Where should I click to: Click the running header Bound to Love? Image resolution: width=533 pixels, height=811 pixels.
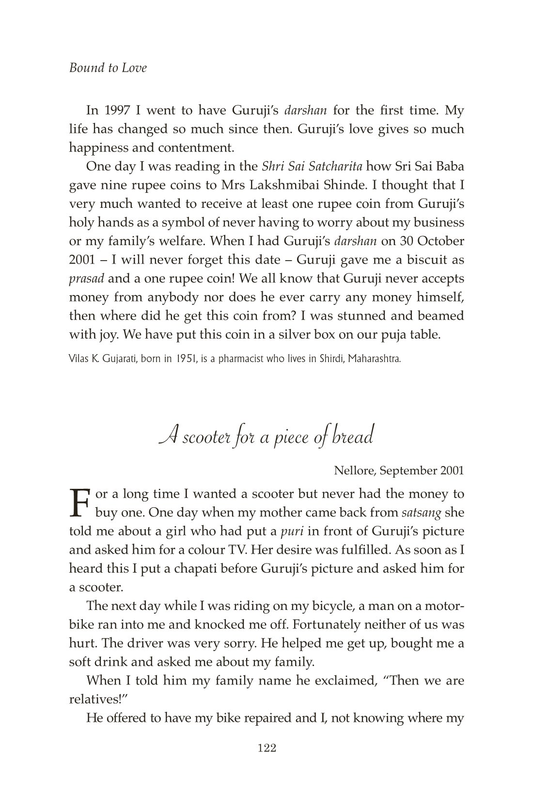click(x=108, y=68)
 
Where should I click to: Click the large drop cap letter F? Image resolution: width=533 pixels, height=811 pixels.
click(x=80, y=502)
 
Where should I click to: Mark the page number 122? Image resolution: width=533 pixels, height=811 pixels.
click(x=266, y=749)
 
